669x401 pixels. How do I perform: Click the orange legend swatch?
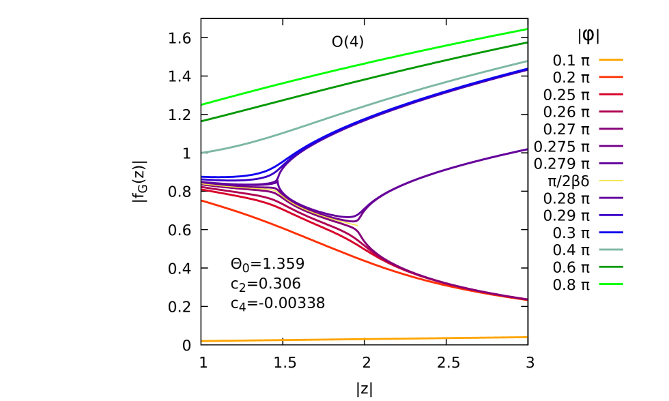tap(611, 60)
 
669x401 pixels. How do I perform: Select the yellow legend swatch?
tap(611, 181)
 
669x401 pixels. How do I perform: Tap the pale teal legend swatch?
tap(611, 250)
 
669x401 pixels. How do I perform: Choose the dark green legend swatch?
tap(611, 267)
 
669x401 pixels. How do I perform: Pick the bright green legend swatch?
tap(611, 284)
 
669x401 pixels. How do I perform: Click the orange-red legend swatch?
tap(611, 77)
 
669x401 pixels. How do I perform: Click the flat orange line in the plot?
tap(362, 339)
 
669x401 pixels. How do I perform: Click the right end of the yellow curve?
tap(357, 225)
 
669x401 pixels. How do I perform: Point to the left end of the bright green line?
tap(203, 104)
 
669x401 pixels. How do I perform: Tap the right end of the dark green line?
tap(526, 42)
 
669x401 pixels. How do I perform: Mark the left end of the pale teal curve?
tap(203, 153)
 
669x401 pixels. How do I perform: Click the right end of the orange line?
tap(526, 337)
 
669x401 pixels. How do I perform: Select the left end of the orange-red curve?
tap(203, 201)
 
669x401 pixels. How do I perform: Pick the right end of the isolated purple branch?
tap(526, 149)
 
